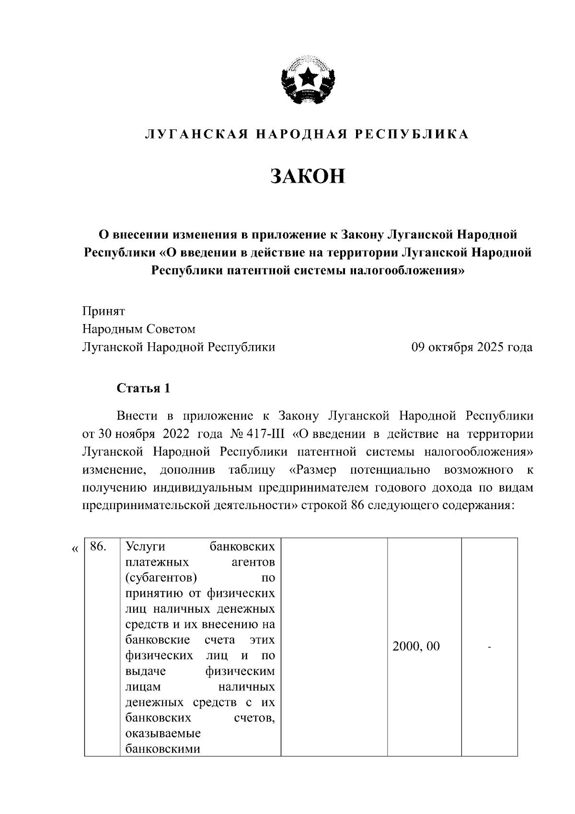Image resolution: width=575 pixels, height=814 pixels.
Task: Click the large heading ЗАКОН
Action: (x=308, y=176)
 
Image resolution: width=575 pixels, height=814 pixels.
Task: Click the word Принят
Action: (x=103, y=311)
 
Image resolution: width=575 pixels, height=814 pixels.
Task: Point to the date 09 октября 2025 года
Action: (x=472, y=347)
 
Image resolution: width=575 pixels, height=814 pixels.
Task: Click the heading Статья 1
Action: (x=143, y=388)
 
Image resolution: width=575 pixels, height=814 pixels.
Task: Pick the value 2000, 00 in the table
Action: (x=416, y=646)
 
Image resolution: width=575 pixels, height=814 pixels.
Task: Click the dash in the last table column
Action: (x=489, y=647)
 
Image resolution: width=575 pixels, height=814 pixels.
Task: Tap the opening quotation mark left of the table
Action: (x=74, y=549)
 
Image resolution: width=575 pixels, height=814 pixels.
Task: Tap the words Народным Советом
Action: (x=139, y=329)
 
